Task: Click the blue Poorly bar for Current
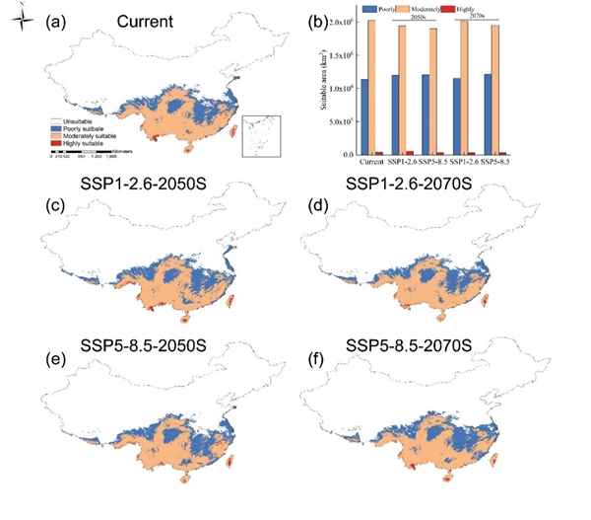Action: tap(364, 116)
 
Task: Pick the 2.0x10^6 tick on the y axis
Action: tap(339, 21)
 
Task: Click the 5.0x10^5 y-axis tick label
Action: tap(339, 121)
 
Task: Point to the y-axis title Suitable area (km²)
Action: tap(319, 87)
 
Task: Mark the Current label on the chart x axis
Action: tap(372, 161)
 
